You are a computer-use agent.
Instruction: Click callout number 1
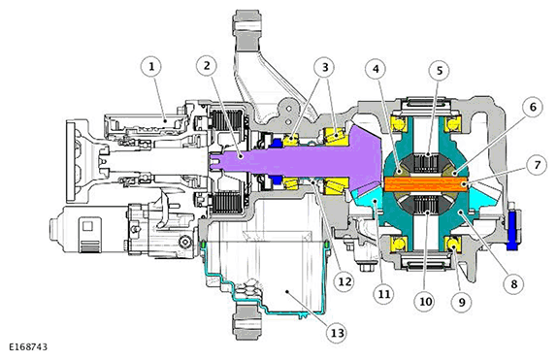[x=151, y=66]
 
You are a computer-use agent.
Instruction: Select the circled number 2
[x=207, y=65]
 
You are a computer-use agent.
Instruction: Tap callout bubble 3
[x=325, y=67]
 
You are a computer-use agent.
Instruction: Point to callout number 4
[x=377, y=69]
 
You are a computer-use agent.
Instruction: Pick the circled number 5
[x=440, y=71]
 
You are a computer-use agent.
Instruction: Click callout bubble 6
[x=533, y=107]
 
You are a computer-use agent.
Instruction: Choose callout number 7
[x=538, y=165]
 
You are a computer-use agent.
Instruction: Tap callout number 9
[x=462, y=302]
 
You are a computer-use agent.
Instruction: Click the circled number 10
[x=425, y=302]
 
